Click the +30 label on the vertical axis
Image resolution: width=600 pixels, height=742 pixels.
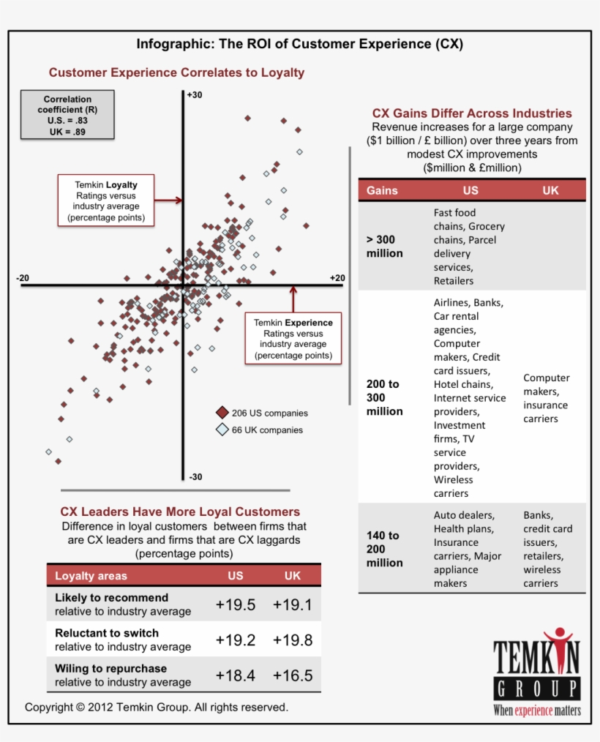click(195, 95)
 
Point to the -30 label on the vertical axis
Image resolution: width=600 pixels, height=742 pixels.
click(195, 477)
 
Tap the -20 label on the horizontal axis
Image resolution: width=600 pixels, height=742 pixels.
click(23, 277)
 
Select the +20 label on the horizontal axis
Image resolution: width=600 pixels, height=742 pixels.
click(337, 277)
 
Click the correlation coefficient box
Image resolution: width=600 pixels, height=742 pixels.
click(67, 115)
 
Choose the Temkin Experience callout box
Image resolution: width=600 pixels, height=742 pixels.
click(293, 338)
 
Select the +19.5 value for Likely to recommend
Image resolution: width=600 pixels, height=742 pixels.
click(236, 604)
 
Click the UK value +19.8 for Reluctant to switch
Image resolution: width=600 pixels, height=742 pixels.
click(293, 640)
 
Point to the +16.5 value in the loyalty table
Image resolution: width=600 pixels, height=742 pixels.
click(293, 675)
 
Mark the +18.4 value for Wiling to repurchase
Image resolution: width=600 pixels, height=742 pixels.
click(236, 675)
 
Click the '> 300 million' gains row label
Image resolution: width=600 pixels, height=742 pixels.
click(385, 247)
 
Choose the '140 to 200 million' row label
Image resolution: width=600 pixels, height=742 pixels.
click(385, 549)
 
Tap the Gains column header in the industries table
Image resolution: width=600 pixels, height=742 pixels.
click(382, 190)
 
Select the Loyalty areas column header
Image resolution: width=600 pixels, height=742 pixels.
click(91, 576)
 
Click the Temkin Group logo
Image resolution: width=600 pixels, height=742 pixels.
click(537, 672)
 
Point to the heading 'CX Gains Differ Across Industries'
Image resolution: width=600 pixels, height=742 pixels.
click(472, 113)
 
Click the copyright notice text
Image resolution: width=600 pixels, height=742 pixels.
click(157, 708)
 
